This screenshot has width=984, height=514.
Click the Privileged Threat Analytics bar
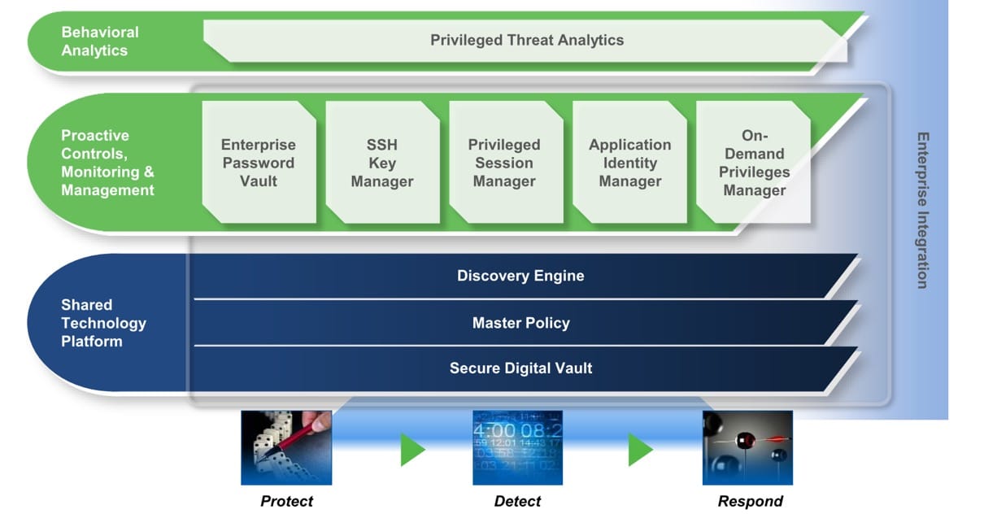coord(526,41)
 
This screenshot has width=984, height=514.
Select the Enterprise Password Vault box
coord(259,163)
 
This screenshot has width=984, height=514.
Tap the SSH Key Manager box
coord(382,163)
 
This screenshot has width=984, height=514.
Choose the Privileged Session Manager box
coord(505,163)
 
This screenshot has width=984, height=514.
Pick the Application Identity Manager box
coord(629,163)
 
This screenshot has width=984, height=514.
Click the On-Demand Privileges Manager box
coord(753,163)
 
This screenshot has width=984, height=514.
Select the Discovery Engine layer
coord(520,276)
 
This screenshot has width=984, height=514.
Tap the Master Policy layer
coord(520,323)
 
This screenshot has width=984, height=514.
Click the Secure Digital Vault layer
coord(520,368)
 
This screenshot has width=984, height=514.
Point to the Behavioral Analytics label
coord(100,41)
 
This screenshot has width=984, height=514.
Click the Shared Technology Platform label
coord(103,323)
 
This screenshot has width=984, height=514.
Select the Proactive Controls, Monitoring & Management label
coord(107,163)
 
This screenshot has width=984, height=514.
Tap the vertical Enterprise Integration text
coord(921,210)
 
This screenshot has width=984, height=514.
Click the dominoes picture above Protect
coord(286,447)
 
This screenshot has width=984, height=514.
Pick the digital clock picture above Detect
coord(517,447)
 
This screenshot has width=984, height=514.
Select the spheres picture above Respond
coord(747,447)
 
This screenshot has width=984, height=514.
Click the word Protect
coord(286,501)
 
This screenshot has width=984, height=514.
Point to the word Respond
coord(750,501)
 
